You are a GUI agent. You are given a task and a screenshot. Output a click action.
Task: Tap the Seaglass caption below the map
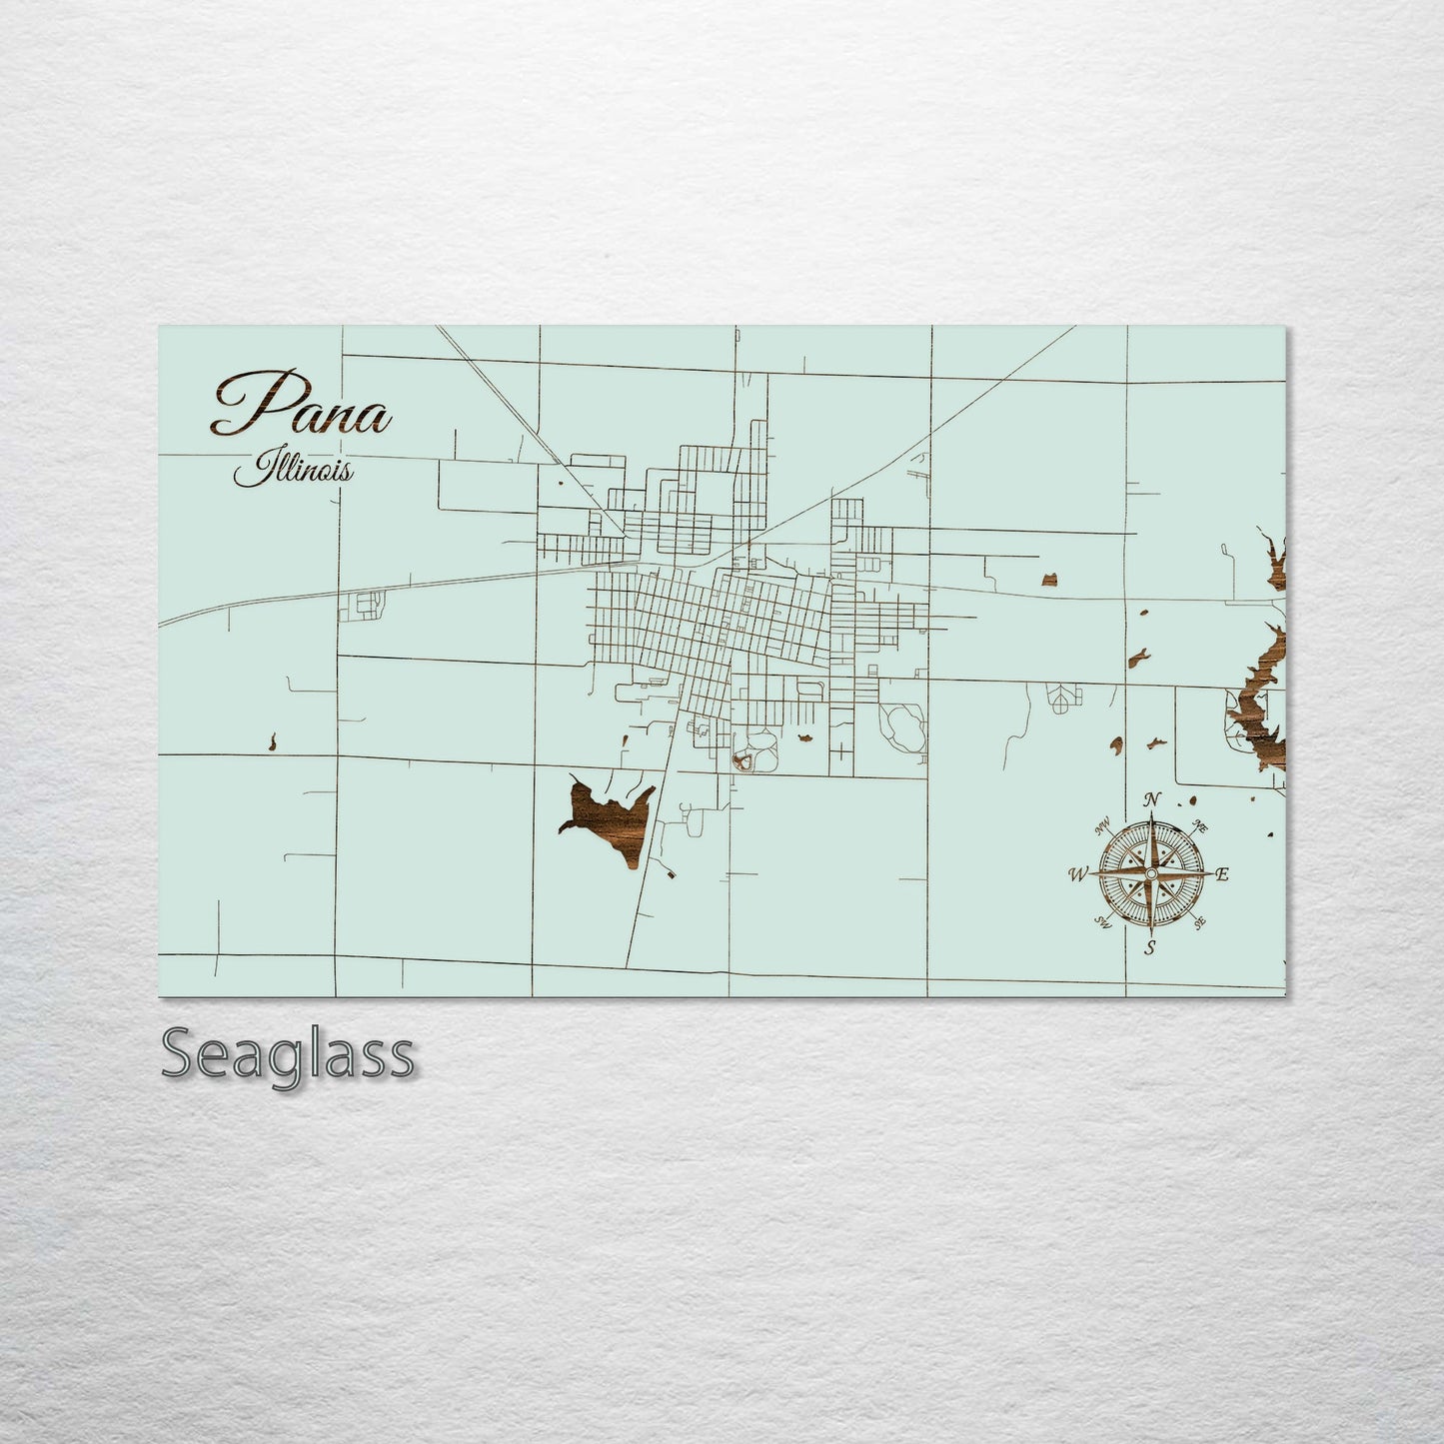point(287,1054)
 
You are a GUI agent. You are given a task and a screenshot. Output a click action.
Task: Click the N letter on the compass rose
point(1152,798)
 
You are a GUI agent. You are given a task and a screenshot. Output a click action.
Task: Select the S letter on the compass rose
point(1150,948)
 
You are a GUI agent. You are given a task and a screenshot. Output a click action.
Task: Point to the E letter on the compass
point(1222,874)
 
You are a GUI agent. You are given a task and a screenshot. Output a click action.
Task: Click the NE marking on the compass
point(1202,826)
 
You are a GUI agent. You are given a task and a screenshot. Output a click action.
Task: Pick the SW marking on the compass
point(1103,921)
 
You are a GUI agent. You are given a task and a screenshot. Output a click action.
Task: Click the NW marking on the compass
point(1104,826)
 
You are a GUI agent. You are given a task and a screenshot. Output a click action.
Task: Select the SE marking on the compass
point(1199,922)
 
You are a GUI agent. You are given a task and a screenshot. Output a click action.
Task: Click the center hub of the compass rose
point(1151,874)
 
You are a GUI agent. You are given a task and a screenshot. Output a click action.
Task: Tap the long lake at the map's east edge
point(1259,690)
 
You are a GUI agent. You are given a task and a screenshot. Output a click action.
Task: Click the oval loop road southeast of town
point(902,726)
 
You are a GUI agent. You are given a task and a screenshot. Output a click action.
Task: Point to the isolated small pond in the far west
point(272,741)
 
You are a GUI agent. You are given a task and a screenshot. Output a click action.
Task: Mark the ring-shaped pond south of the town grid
point(743,762)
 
